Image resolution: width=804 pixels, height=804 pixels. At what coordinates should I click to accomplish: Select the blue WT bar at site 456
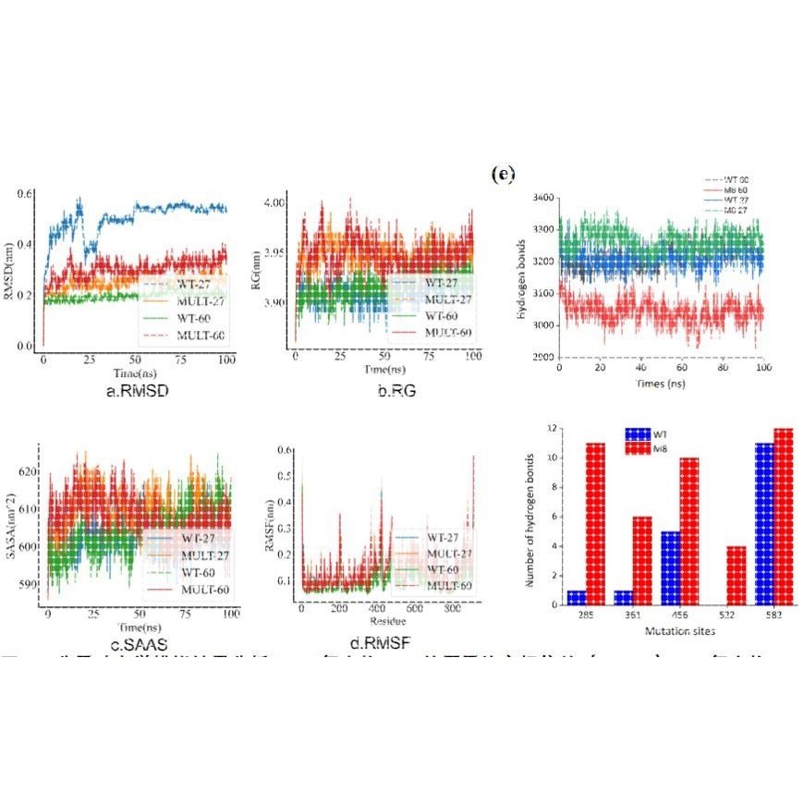(672, 567)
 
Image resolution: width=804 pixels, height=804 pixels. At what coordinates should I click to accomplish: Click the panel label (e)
(504, 174)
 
